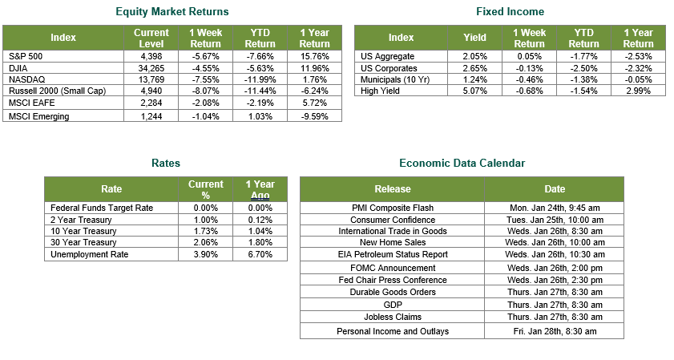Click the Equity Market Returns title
click(172, 11)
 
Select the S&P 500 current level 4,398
click(151, 56)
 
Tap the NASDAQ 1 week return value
click(205, 79)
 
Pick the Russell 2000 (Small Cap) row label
click(57, 91)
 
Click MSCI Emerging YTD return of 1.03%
click(260, 116)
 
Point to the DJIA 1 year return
click(315, 68)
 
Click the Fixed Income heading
click(511, 11)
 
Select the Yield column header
click(474, 38)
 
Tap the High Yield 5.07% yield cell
click(475, 91)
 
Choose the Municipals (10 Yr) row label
click(395, 79)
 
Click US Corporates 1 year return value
click(638, 68)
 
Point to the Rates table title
click(166, 163)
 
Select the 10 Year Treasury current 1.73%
click(205, 231)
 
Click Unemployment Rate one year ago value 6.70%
click(260, 254)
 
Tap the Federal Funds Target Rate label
click(102, 208)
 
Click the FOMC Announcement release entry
click(393, 268)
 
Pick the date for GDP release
click(555, 305)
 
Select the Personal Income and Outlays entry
click(393, 331)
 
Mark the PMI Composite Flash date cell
click(555, 208)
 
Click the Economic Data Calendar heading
click(462, 163)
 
